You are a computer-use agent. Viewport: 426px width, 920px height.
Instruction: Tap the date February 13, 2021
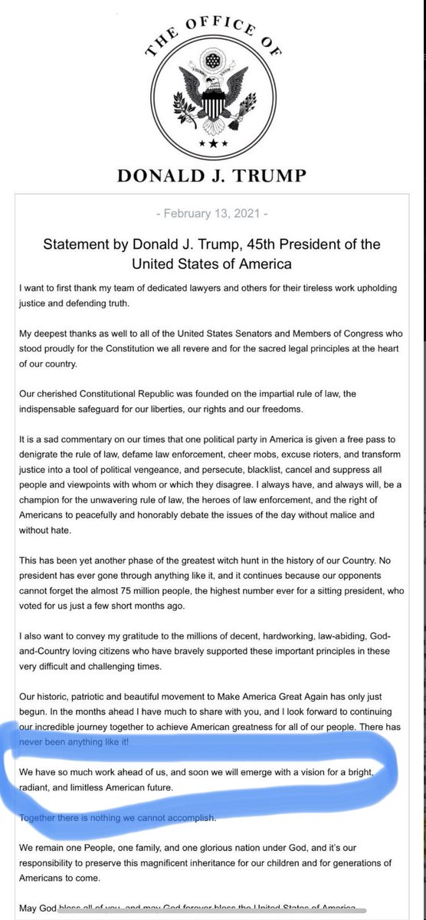tap(211, 210)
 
